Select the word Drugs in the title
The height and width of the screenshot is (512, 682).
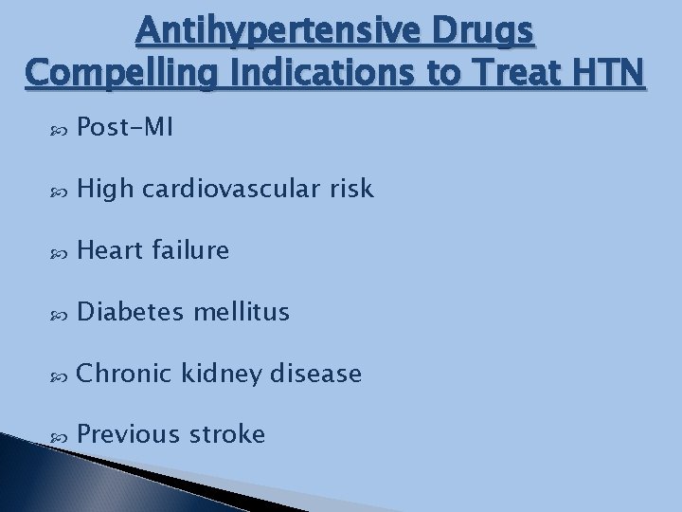point(486,34)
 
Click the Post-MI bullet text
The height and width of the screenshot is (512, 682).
point(124,129)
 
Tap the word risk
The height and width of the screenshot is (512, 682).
point(350,191)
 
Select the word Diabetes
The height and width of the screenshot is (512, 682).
point(131,313)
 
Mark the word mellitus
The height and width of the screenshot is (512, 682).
point(242,313)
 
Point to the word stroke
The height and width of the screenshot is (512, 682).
point(227,435)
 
